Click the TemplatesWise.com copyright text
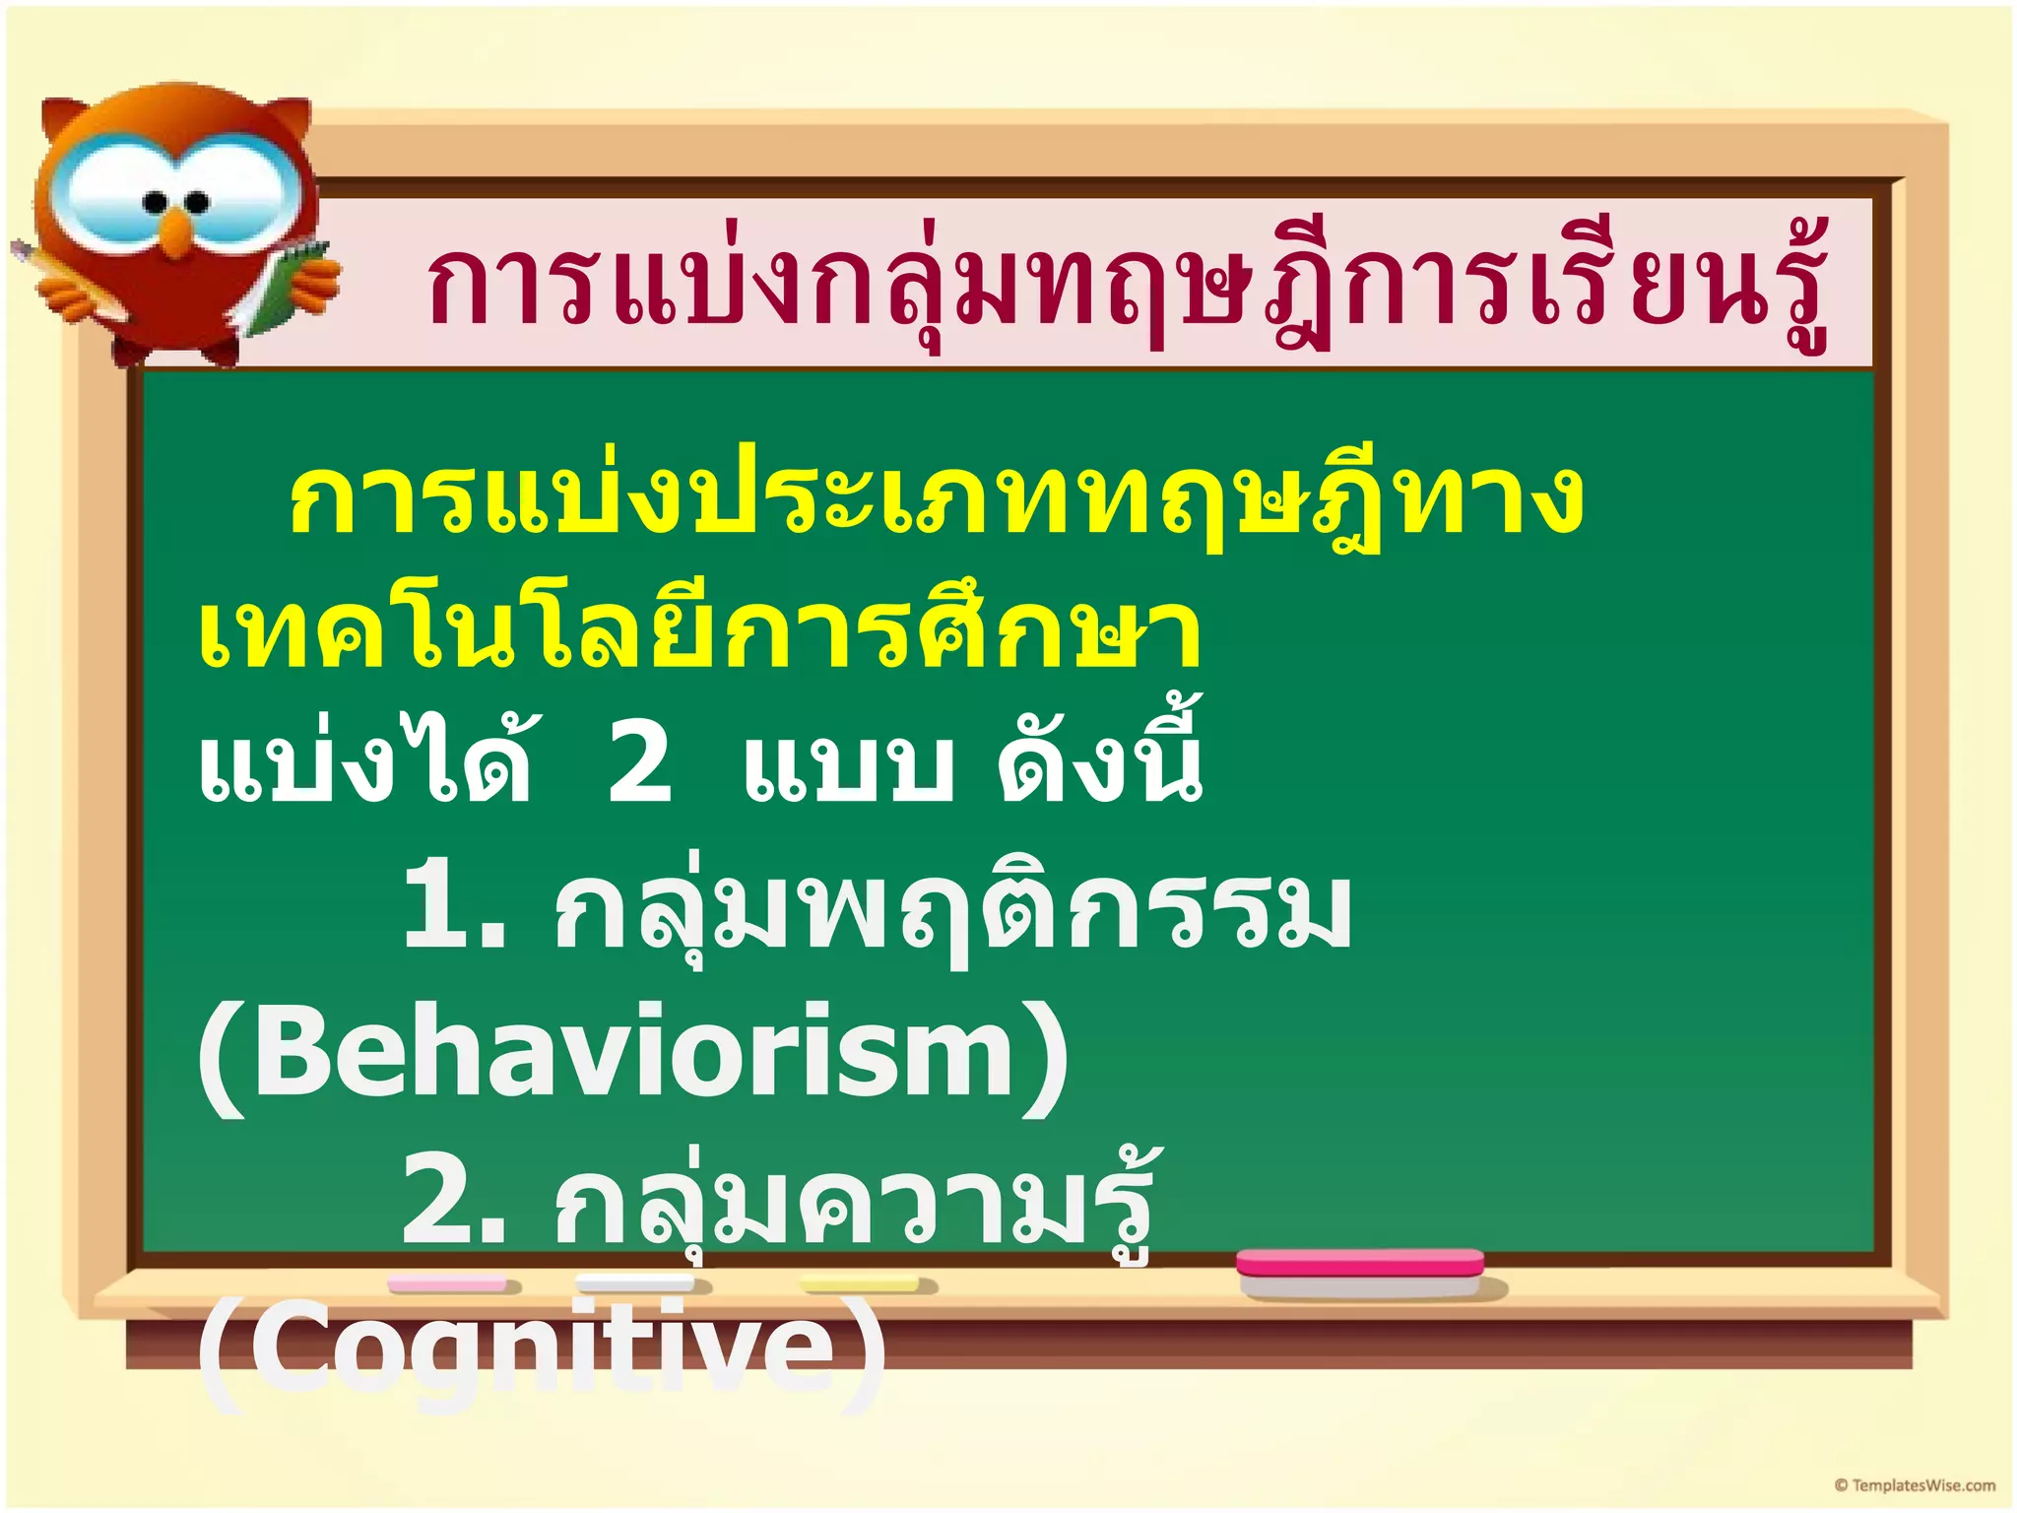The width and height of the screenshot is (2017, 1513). pos(1916,1485)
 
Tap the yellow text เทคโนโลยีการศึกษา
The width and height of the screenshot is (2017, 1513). pos(699,630)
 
